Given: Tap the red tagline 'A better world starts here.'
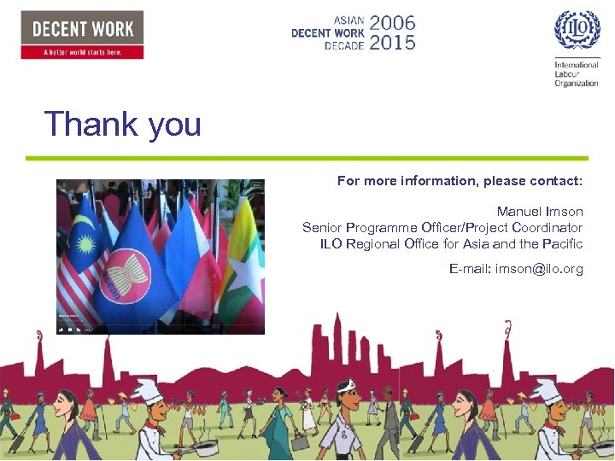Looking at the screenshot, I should click(x=82, y=52).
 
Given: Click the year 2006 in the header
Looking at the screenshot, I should click(x=392, y=22).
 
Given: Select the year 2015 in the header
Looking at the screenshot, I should click(x=392, y=42).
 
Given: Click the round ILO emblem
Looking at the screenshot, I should click(x=577, y=31).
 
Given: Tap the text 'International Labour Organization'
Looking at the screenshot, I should click(x=577, y=74).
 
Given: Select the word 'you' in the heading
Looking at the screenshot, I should click(x=174, y=125).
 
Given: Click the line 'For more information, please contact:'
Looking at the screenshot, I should click(x=460, y=181).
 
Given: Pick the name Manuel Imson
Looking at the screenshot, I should click(x=540, y=211).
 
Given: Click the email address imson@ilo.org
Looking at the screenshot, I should click(x=516, y=269).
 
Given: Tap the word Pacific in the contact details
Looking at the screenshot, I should click(x=562, y=243).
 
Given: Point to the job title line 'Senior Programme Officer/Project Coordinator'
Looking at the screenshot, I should click(x=442, y=227).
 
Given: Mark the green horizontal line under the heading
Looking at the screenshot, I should click(x=307, y=158).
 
